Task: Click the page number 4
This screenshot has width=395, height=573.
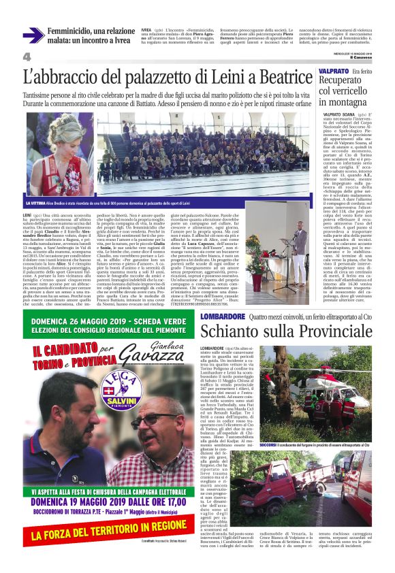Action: tap(27, 56)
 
